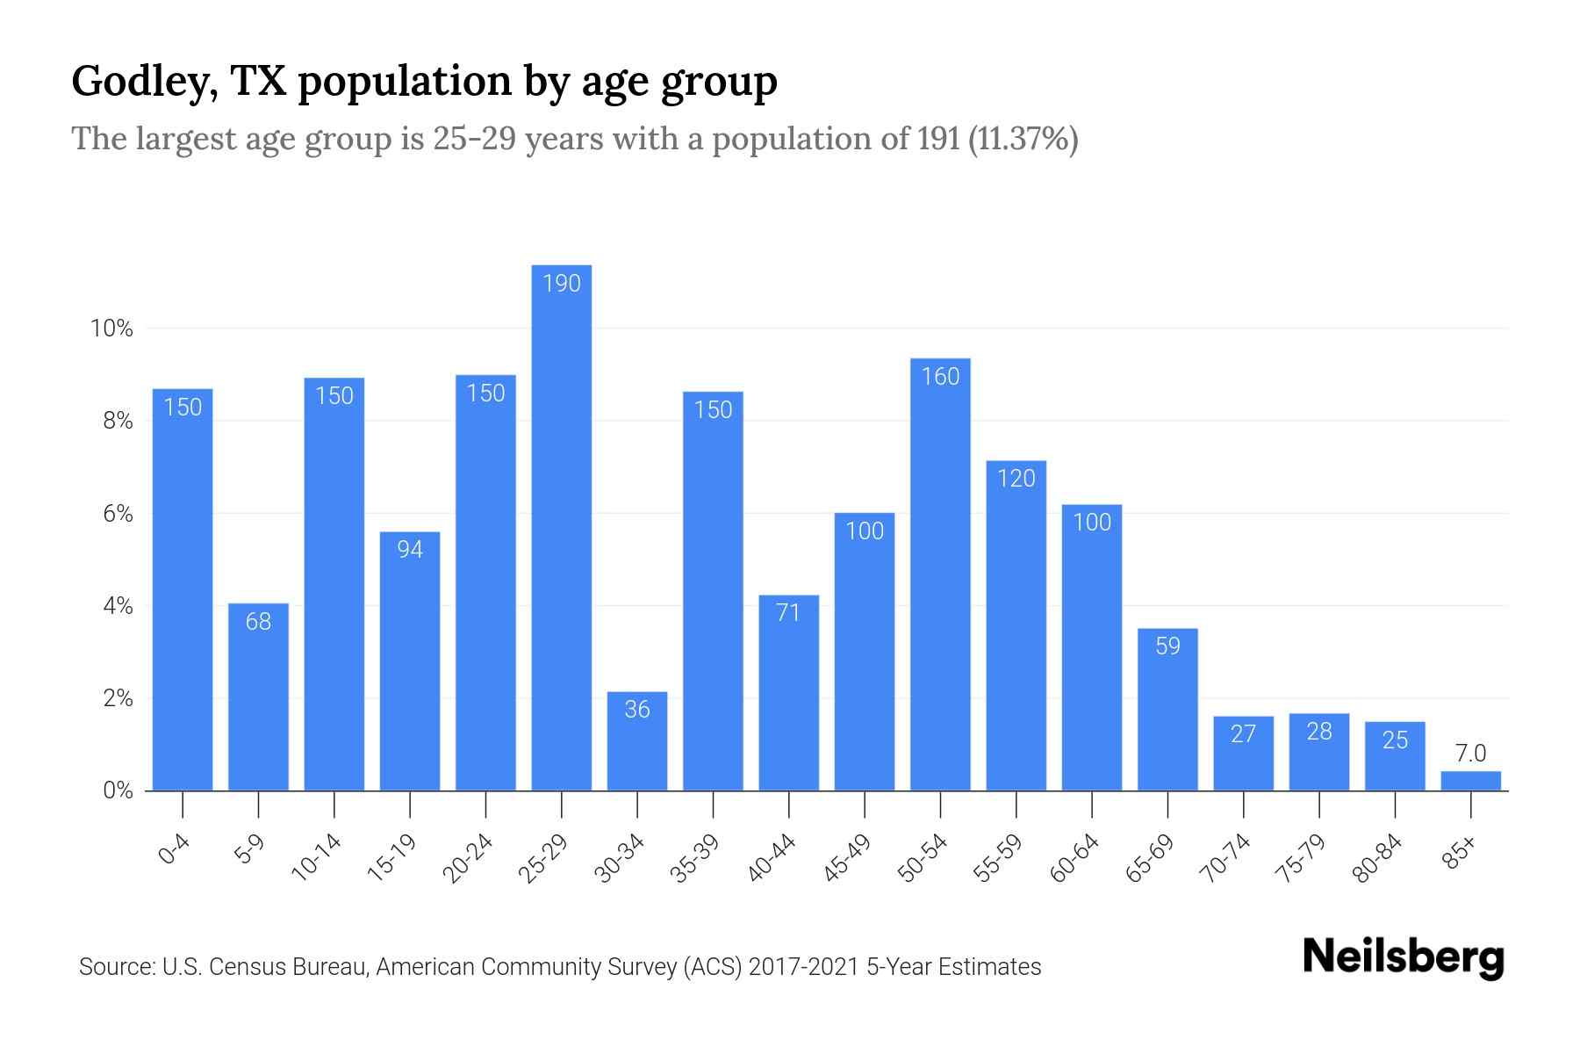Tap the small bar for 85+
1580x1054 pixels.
(x=1470, y=781)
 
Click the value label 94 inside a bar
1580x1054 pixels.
(x=410, y=550)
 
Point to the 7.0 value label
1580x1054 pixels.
(x=1470, y=754)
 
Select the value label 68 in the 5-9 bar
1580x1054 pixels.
(x=258, y=622)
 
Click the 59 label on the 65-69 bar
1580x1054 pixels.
(x=1167, y=646)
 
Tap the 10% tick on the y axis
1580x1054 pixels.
(x=111, y=329)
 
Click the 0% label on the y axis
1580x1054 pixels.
(x=117, y=791)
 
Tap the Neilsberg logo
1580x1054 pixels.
(x=1403, y=957)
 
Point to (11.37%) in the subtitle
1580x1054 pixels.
(x=1023, y=139)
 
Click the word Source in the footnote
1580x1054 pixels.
(x=116, y=967)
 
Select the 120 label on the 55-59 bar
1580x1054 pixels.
(x=1016, y=479)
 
